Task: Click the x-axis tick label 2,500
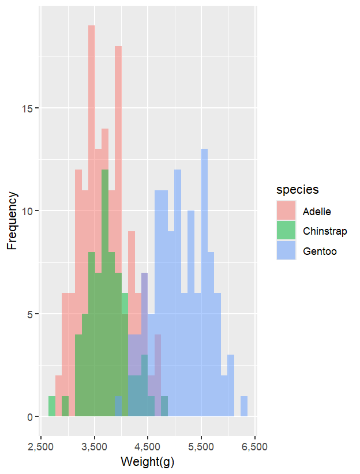pos(41,446)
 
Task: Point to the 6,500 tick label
pos(255,446)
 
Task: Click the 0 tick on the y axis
pos(32,417)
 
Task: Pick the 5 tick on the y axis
pos(32,314)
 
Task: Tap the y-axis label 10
pos(30,211)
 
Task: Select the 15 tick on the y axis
pos(30,108)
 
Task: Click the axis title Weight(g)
pos(148,461)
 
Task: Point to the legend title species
pos(297,190)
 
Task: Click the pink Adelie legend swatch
pos(286,210)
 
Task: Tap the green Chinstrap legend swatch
pos(286,231)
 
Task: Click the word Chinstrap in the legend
pos(325,231)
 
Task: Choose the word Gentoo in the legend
pos(320,251)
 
